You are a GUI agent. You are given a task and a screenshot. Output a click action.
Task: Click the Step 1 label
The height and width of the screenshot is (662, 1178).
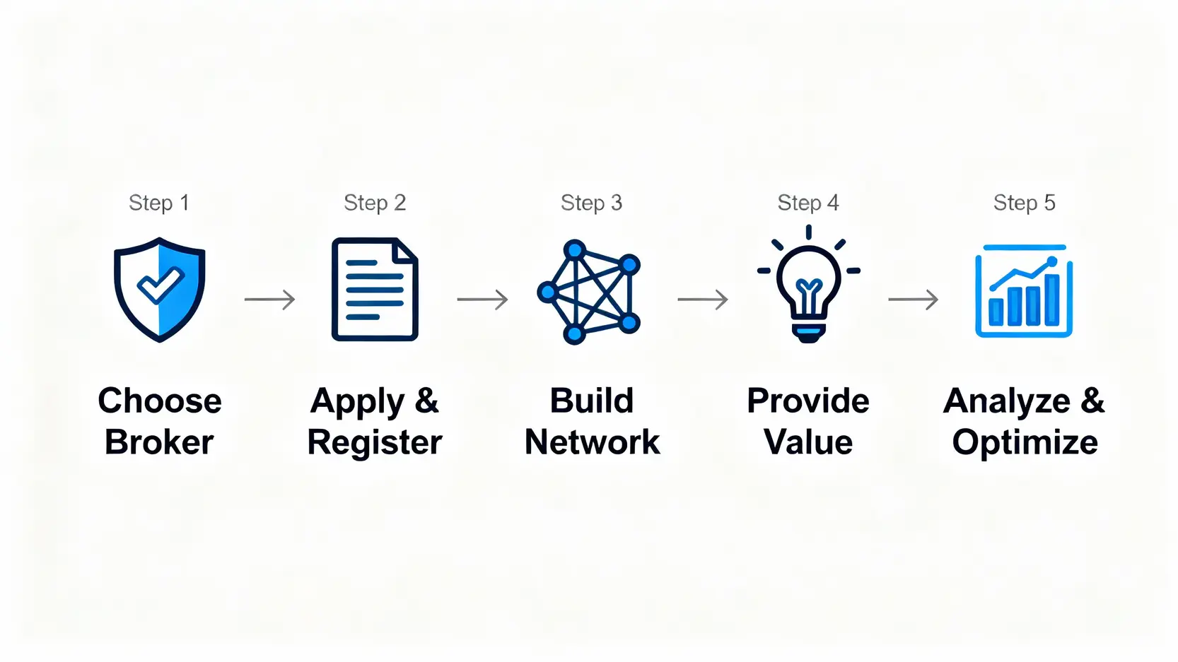pos(159,203)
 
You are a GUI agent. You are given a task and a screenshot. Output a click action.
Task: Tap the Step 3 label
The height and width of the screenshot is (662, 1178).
pos(591,203)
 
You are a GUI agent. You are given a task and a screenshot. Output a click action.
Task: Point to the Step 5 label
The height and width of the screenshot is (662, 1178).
pos(1024,203)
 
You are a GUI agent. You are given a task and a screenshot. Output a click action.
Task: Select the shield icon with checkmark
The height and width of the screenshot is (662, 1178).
pos(160,290)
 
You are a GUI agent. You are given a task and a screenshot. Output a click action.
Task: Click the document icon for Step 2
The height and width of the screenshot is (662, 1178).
pos(375,290)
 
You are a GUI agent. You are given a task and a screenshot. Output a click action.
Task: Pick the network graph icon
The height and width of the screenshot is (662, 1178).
pos(589,292)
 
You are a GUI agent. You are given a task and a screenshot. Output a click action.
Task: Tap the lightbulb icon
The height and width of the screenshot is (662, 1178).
pos(808,286)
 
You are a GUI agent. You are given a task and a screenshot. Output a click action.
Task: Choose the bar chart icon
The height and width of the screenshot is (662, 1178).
pos(1024,291)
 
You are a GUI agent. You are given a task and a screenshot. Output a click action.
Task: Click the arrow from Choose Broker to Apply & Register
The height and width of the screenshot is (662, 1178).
pos(269,300)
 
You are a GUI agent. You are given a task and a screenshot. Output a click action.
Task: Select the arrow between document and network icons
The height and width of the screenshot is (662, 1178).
pos(482,300)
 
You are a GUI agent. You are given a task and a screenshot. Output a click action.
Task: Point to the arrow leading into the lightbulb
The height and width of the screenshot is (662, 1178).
pos(702,300)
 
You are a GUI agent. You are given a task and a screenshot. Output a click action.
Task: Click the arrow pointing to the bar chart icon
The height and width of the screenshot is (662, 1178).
pos(913,300)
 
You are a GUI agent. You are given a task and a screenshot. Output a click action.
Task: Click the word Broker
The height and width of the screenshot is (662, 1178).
pos(159,442)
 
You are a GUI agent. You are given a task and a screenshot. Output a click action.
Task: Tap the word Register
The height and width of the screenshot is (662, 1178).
pos(375,443)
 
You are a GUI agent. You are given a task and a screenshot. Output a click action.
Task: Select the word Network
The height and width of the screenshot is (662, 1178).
pos(592,442)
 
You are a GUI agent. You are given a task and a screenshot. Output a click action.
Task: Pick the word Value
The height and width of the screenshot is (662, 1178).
pos(808,442)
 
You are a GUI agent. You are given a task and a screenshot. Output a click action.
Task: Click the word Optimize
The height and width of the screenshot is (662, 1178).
pos(1025,443)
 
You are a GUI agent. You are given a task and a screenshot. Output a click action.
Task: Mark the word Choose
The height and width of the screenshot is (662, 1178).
pos(160,401)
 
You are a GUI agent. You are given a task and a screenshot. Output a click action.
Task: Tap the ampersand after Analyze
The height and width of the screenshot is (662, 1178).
pos(1092,401)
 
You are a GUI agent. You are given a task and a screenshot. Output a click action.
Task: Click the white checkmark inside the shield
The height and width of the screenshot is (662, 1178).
pos(161,285)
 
